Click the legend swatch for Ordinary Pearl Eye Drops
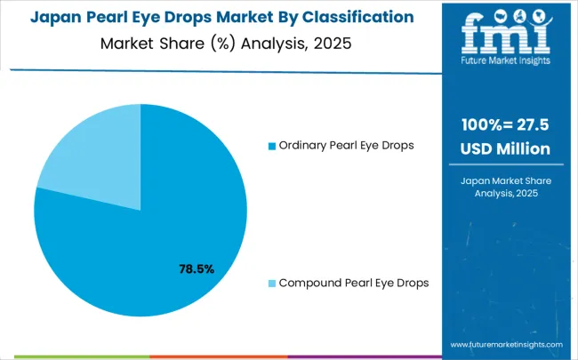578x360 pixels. pos(272,146)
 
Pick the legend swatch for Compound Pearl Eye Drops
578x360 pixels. pos(272,283)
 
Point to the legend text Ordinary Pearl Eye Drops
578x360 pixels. pos(346,145)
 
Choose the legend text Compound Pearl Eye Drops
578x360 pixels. pos(354,283)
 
